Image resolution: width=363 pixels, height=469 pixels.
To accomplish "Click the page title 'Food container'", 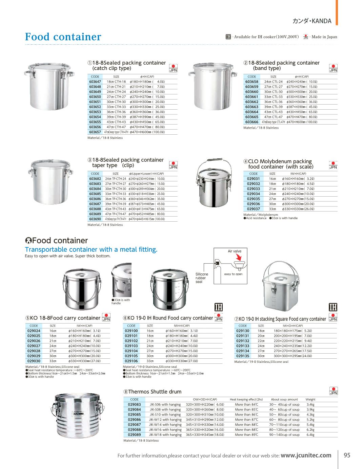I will (x=63, y=37).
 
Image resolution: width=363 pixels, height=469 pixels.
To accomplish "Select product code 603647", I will (x=95, y=82).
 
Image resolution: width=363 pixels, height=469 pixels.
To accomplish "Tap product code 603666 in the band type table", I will (x=251, y=122).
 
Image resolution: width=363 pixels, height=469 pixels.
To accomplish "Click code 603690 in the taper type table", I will (x=95, y=219).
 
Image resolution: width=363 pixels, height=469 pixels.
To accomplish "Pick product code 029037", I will (x=253, y=209).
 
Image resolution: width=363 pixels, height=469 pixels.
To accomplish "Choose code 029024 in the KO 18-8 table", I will (x=34, y=331).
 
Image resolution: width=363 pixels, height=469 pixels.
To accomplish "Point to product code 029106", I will (x=131, y=361).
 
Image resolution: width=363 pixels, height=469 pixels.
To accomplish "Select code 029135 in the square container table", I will (x=242, y=356).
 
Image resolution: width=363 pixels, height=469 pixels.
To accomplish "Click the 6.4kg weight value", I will (x=310, y=435).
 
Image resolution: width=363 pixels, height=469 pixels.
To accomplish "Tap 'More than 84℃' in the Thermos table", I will (x=246, y=404).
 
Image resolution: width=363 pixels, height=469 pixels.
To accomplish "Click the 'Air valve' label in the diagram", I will (x=235, y=251).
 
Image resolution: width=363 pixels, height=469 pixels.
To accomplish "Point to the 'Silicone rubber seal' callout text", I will (x=202, y=278).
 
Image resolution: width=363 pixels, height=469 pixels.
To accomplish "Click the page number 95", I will (x=347, y=455).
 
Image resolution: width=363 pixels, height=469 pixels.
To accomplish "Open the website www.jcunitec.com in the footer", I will (x=306, y=455).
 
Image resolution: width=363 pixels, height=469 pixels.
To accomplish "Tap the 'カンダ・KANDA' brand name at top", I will (x=312, y=21).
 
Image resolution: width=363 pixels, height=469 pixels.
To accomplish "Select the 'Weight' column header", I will (x=310, y=399).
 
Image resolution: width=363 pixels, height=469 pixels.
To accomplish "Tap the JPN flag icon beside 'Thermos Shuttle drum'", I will (x=334, y=391).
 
